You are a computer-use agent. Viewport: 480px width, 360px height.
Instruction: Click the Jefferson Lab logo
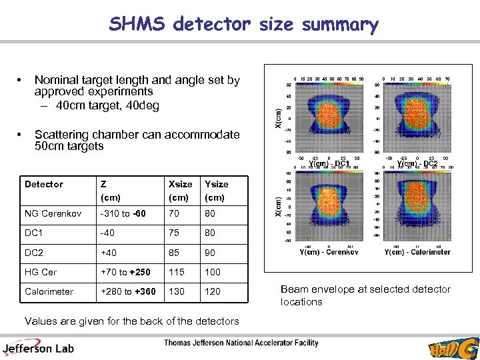(x=38, y=346)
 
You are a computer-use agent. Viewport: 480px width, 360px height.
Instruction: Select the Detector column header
(x=44, y=184)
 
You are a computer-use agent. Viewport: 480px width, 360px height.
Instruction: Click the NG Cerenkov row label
(x=53, y=214)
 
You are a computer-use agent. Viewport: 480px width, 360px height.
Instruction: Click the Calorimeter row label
(x=48, y=291)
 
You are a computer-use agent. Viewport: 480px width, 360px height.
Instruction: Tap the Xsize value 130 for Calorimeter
(x=177, y=291)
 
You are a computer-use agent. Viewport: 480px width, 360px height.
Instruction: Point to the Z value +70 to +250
(x=125, y=272)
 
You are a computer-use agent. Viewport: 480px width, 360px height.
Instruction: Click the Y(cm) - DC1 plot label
(x=329, y=164)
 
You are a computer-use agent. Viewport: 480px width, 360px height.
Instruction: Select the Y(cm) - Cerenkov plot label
(x=328, y=252)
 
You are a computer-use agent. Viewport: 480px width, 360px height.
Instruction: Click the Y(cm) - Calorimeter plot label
(x=417, y=252)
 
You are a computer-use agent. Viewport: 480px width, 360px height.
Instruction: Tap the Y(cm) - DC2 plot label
(x=417, y=164)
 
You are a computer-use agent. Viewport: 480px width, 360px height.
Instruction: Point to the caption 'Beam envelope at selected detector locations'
(x=365, y=295)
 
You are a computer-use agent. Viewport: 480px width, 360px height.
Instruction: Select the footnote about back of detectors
(x=131, y=321)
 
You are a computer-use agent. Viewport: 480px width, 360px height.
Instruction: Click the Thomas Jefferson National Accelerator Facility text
(x=241, y=343)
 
